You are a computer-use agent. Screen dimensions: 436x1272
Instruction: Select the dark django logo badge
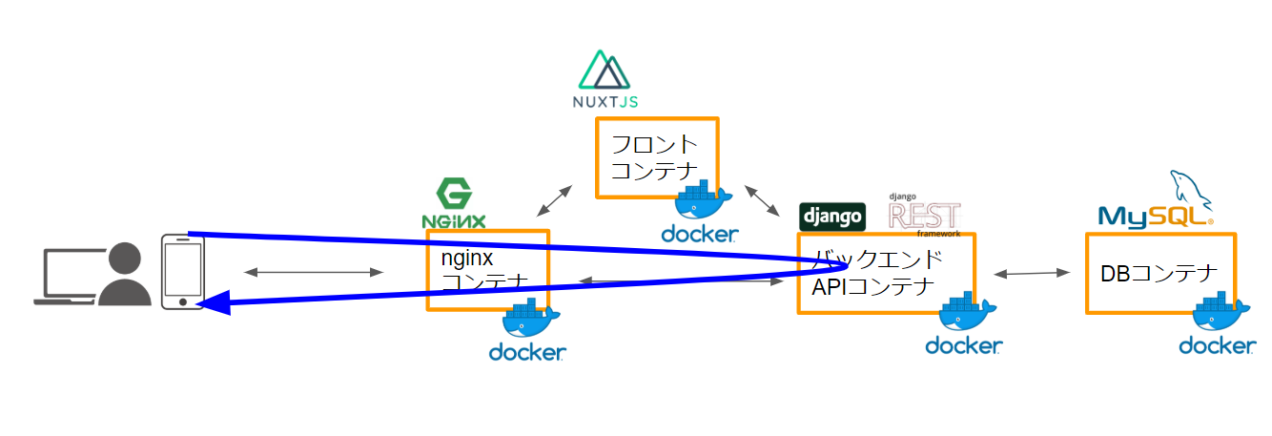pyautogui.click(x=832, y=217)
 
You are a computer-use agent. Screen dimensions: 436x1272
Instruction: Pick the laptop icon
pyautogui.click(x=70, y=278)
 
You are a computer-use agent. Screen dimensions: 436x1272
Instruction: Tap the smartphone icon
pyautogui.click(x=182, y=271)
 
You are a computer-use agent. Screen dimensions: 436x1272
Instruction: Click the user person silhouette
pyautogui.click(x=127, y=276)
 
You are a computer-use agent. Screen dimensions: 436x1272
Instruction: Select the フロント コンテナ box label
pyautogui.click(x=654, y=158)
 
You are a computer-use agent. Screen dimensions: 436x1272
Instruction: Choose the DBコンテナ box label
pyautogui.click(x=1159, y=275)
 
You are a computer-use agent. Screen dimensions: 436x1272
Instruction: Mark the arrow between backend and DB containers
pyautogui.click(x=1031, y=274)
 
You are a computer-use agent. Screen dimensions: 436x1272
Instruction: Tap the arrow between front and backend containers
pyautogui.click(x=760, y=198)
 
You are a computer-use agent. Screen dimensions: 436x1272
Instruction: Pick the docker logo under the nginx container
pyautogui.click(x=527, y=335)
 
